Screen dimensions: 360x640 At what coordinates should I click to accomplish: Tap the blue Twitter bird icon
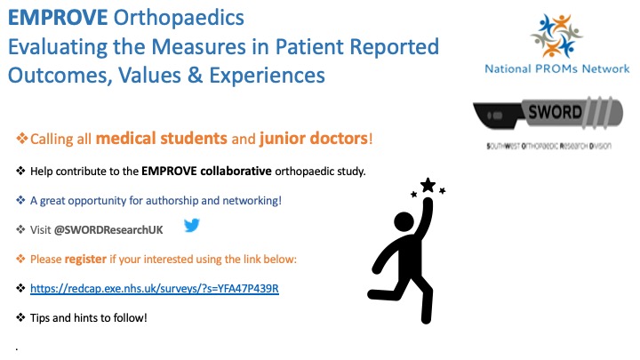(x=191, y=226)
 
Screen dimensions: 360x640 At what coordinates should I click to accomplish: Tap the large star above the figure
(x=428, y=185)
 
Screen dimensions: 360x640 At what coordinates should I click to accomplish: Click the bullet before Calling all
(x=22, y=140)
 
